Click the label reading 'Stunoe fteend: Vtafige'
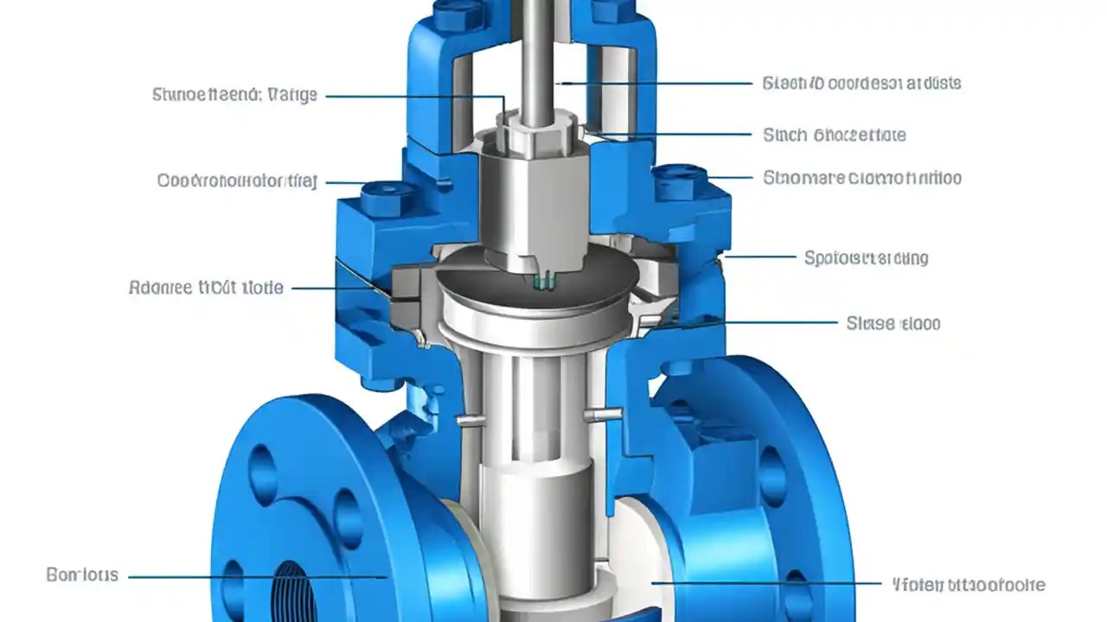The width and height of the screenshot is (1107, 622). pos(234,95)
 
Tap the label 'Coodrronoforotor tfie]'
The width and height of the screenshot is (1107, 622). pos(237,181)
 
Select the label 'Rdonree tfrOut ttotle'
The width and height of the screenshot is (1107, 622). pos(206,288)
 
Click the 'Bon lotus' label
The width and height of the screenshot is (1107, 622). pos(82,575)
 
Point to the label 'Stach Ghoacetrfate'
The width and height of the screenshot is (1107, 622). pos(835,135)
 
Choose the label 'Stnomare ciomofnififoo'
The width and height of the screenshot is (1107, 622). pos(862,179)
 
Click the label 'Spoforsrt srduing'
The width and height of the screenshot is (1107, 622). pos(866,257)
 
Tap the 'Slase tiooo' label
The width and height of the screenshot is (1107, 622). pos(893,324)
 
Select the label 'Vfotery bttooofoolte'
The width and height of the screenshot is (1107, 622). pos(968,585)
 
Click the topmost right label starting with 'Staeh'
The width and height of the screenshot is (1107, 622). pos(862,84)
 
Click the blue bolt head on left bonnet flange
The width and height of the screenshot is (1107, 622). pos(381,199)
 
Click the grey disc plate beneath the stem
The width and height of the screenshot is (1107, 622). pos(536,281)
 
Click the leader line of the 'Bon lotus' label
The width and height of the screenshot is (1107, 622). pos(251,576)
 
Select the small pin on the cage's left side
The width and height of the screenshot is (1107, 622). pos(468,421)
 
